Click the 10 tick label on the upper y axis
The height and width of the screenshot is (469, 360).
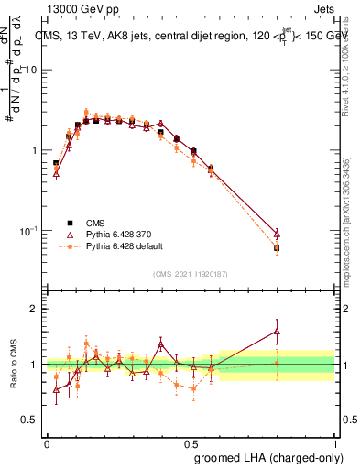click(31, 71)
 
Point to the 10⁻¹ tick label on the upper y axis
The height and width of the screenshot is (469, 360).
click(29, 230)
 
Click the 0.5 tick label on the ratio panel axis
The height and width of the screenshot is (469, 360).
click(30, 420)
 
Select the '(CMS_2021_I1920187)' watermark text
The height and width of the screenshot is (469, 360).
click(191, 273)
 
